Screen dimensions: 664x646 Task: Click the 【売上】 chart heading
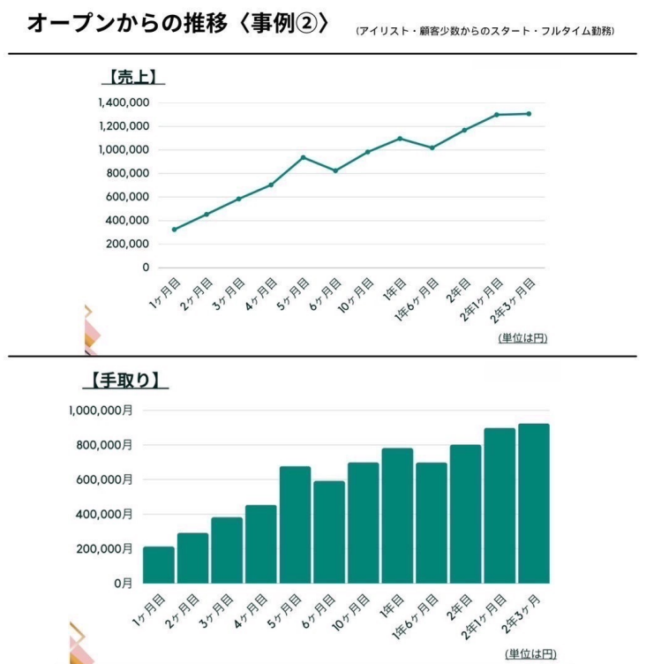pyautogui.click(x=132, y=77)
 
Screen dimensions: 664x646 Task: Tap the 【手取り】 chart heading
pyautogui.click(x=126, y=381)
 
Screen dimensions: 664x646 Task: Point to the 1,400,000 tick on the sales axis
pyautogui.click(x=124, y=103)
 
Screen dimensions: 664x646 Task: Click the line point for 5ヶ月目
pyautogui.click(x=304, y=158)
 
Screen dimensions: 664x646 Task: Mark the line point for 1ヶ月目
pyautogui.click(x=174, y=230)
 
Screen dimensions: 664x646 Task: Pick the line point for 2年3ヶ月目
pyautogui.click(x=529, y=114)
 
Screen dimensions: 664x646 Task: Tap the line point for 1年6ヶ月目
pyautogui.click(x=432, y=147)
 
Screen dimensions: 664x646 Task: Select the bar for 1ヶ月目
pyautogui.click(x=159, y=565)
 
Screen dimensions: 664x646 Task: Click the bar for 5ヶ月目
pyautogui.click(x=295, y=524)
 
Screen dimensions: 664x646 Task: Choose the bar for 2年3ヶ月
pyautogui.click(x=534, y=503)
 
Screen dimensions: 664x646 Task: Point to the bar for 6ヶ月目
pyautogui.click(x=329, y=532)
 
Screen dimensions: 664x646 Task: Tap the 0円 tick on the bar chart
pyautogui.click(x=121, y=584)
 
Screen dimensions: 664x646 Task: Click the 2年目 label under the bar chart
pyautogui.click(x=460, y=607)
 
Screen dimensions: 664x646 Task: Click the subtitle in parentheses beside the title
pyautogui.click(x=485, y=31)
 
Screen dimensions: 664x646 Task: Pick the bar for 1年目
pyautogui.click(x=397, y=516)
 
